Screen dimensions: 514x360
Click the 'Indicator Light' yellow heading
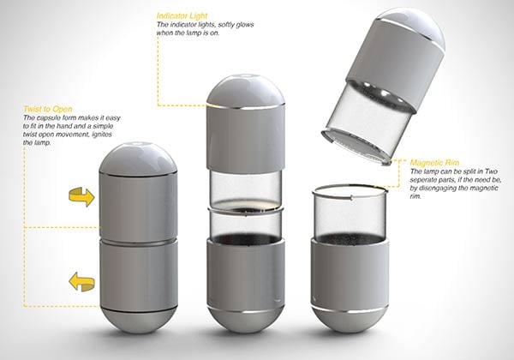(182, 15)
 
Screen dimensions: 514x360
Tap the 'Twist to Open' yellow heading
(48, 109)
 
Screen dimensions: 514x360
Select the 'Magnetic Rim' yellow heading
(434, 163)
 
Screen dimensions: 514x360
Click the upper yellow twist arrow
(81, 196)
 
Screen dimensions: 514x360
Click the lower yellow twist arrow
(81, 282)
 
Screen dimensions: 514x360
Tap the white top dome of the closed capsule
(138, 159)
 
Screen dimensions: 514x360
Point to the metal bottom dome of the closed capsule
(138, 320)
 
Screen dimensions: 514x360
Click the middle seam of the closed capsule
(138, 242)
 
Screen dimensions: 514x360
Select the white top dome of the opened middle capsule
(246, 91)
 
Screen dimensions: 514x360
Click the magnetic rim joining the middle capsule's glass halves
(246, 210)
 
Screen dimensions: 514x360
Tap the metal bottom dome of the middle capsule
(246, 320)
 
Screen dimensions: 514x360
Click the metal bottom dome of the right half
(350, 320)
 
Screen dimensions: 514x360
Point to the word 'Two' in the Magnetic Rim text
(491, 171)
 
